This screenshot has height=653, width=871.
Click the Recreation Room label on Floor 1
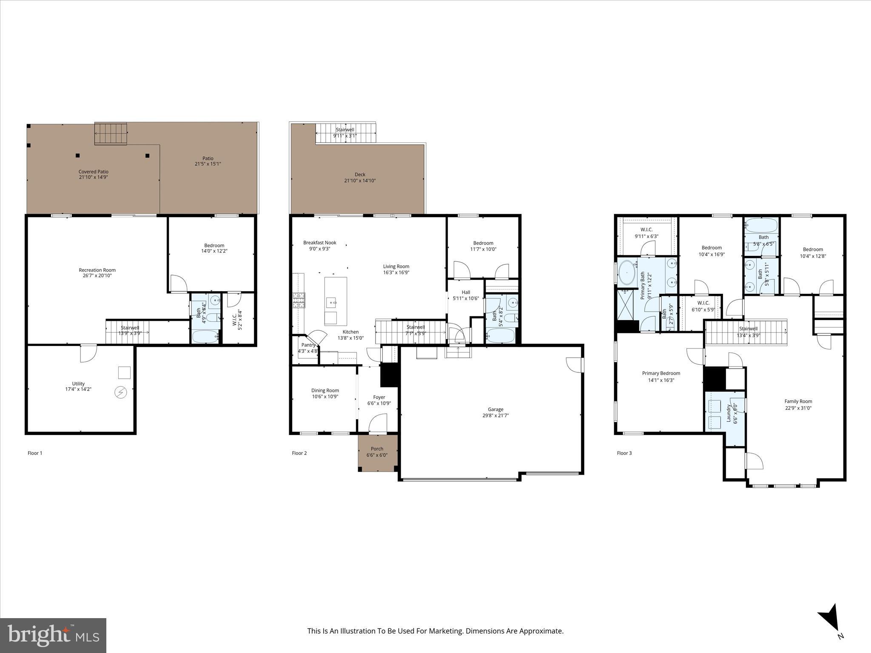[x=97, y=270]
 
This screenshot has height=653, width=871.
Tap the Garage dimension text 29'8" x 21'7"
[x=495, y=415]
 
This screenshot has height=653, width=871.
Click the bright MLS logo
[x=53, y=636]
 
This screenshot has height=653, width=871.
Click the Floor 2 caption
[x=299, y=453]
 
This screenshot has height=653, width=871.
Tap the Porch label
[x=377, y=449]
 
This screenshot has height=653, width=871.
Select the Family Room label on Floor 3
[x=798, y=401]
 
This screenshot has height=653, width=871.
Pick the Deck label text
[x=360, y=174]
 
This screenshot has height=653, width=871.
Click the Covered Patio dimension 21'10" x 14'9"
[x=93, y=177]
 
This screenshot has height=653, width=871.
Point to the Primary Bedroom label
[x=661, y=373]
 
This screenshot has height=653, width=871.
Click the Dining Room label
[x=325, y=390]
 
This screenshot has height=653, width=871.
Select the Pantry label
[x=308, y=345]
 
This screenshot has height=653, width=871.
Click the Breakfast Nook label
[x=319, y=243]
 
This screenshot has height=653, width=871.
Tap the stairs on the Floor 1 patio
[x=111, y=134]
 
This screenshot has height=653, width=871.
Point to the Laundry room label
[x=729, y=413]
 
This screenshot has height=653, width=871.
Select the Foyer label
[x=379, y=397]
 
